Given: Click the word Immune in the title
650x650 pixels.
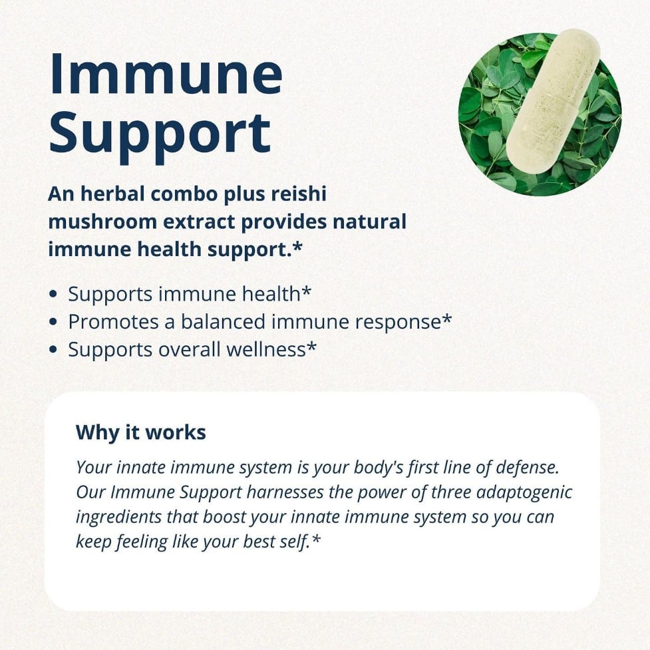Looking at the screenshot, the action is point(166,75).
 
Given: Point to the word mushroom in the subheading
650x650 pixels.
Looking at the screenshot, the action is point(102,222).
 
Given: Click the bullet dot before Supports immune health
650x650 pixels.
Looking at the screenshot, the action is point(53,294).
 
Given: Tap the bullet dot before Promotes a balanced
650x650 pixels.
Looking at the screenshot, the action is point(53,322).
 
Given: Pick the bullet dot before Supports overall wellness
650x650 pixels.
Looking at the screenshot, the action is point(53,349).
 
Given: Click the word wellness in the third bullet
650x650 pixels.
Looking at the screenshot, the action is point(265,349).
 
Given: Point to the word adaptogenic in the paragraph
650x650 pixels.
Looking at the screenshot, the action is point(524,492).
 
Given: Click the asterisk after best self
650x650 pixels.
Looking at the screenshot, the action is point(316,539).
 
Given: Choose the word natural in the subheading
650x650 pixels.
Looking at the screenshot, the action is point(369,222).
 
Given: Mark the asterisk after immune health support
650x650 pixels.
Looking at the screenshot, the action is point(297,246).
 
